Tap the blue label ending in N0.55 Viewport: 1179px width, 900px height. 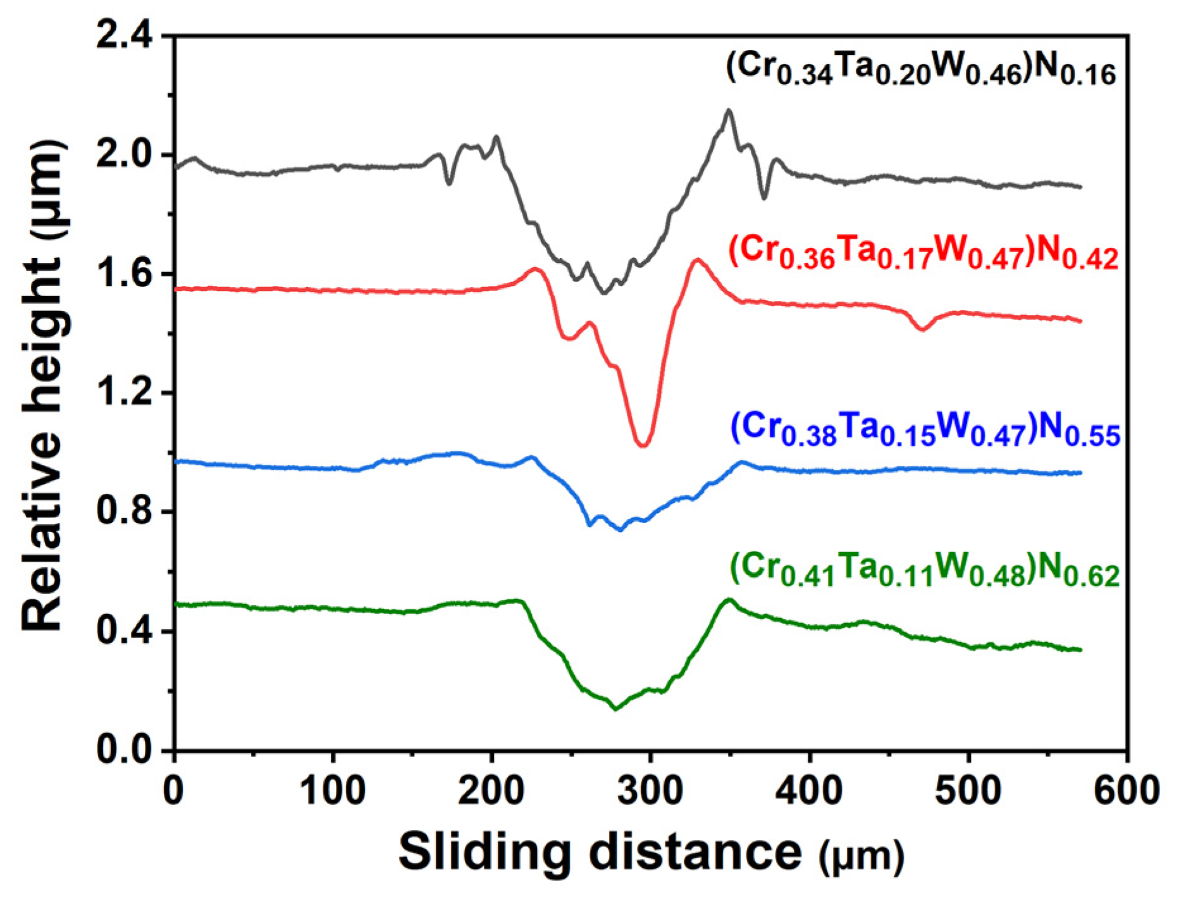[925, 429]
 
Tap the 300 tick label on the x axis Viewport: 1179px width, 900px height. [650, 791]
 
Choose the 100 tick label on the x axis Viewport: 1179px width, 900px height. [333, 791]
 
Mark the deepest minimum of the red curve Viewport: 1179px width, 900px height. [643, 445]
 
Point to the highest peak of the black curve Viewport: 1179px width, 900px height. [729, 111]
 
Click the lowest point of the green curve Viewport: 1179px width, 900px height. [615, 709]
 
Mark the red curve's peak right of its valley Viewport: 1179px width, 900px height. [698, 259]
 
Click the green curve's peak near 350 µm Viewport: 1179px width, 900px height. [729, 599]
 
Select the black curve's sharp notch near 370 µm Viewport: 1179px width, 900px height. [764, 198]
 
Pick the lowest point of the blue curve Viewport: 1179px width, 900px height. [620, 529]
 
